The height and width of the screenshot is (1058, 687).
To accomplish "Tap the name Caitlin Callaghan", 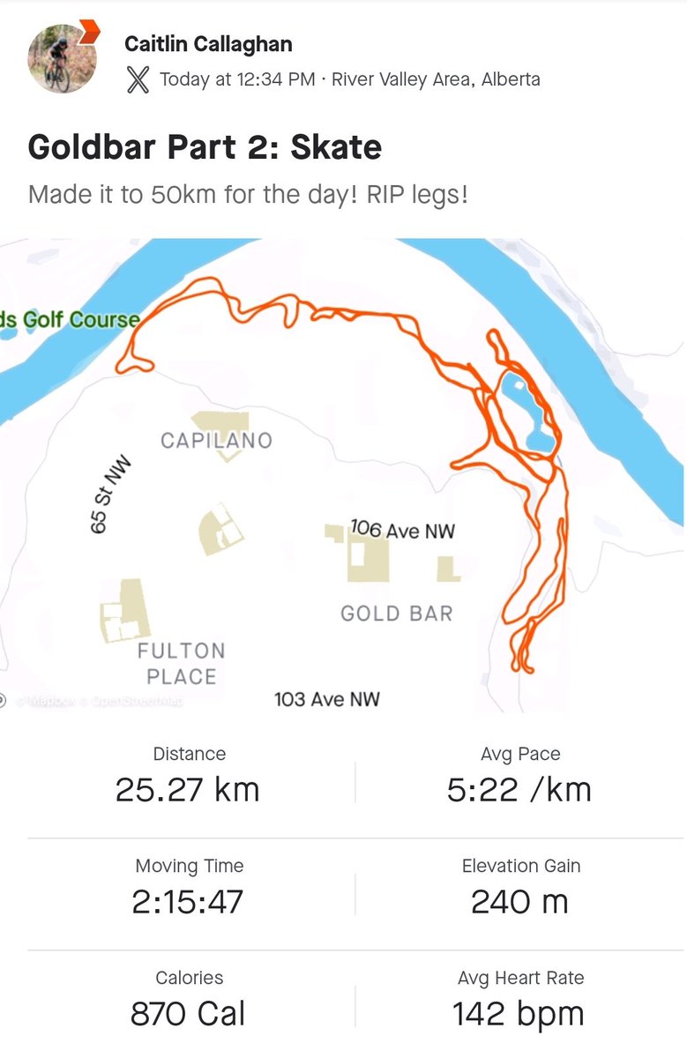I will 208,44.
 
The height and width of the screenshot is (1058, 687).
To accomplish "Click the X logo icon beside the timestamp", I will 138,79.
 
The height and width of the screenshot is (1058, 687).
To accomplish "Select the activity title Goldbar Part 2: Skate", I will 205,146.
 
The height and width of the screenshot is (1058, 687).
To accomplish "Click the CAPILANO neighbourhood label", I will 216,440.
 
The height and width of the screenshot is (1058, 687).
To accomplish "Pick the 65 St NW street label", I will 110,494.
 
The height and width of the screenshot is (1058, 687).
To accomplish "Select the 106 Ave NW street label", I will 403,530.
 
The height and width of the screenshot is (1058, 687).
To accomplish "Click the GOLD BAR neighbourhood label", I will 396,613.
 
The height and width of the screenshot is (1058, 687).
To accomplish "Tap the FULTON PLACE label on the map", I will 181,664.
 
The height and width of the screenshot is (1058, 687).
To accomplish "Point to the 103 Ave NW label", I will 327,699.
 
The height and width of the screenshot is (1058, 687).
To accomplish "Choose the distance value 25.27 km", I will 188,789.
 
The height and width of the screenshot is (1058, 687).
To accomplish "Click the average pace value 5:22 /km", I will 519,789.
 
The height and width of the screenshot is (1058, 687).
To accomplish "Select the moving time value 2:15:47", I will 189,902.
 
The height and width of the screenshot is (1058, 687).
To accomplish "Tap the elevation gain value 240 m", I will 519,902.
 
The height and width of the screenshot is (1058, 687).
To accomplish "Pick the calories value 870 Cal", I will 188,1014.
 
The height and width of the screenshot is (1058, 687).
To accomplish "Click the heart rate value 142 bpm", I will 519,1014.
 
